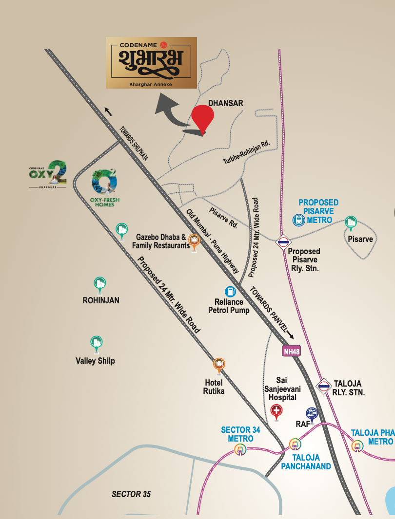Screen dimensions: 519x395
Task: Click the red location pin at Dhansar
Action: pos(202,117)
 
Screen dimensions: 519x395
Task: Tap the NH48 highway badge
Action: pos(291,351)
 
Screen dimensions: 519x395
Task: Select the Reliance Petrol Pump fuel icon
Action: pos(230,292)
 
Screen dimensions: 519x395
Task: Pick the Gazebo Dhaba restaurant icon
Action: pos(194,240)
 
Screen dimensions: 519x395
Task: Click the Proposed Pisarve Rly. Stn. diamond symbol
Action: pos(283,241)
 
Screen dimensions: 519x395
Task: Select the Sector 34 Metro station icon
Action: pos(240,449)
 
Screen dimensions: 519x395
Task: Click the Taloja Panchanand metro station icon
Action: pos(295,444)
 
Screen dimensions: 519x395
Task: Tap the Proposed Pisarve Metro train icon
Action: pos(298,221)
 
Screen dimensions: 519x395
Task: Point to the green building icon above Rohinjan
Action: pos(100,284)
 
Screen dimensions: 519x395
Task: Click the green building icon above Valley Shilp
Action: pos(96,342)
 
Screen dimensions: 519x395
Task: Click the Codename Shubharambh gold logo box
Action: pos(151,62)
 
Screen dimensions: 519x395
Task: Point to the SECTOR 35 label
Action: pos(131,494)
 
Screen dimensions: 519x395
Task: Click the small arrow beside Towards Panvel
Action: pos(290,335)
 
